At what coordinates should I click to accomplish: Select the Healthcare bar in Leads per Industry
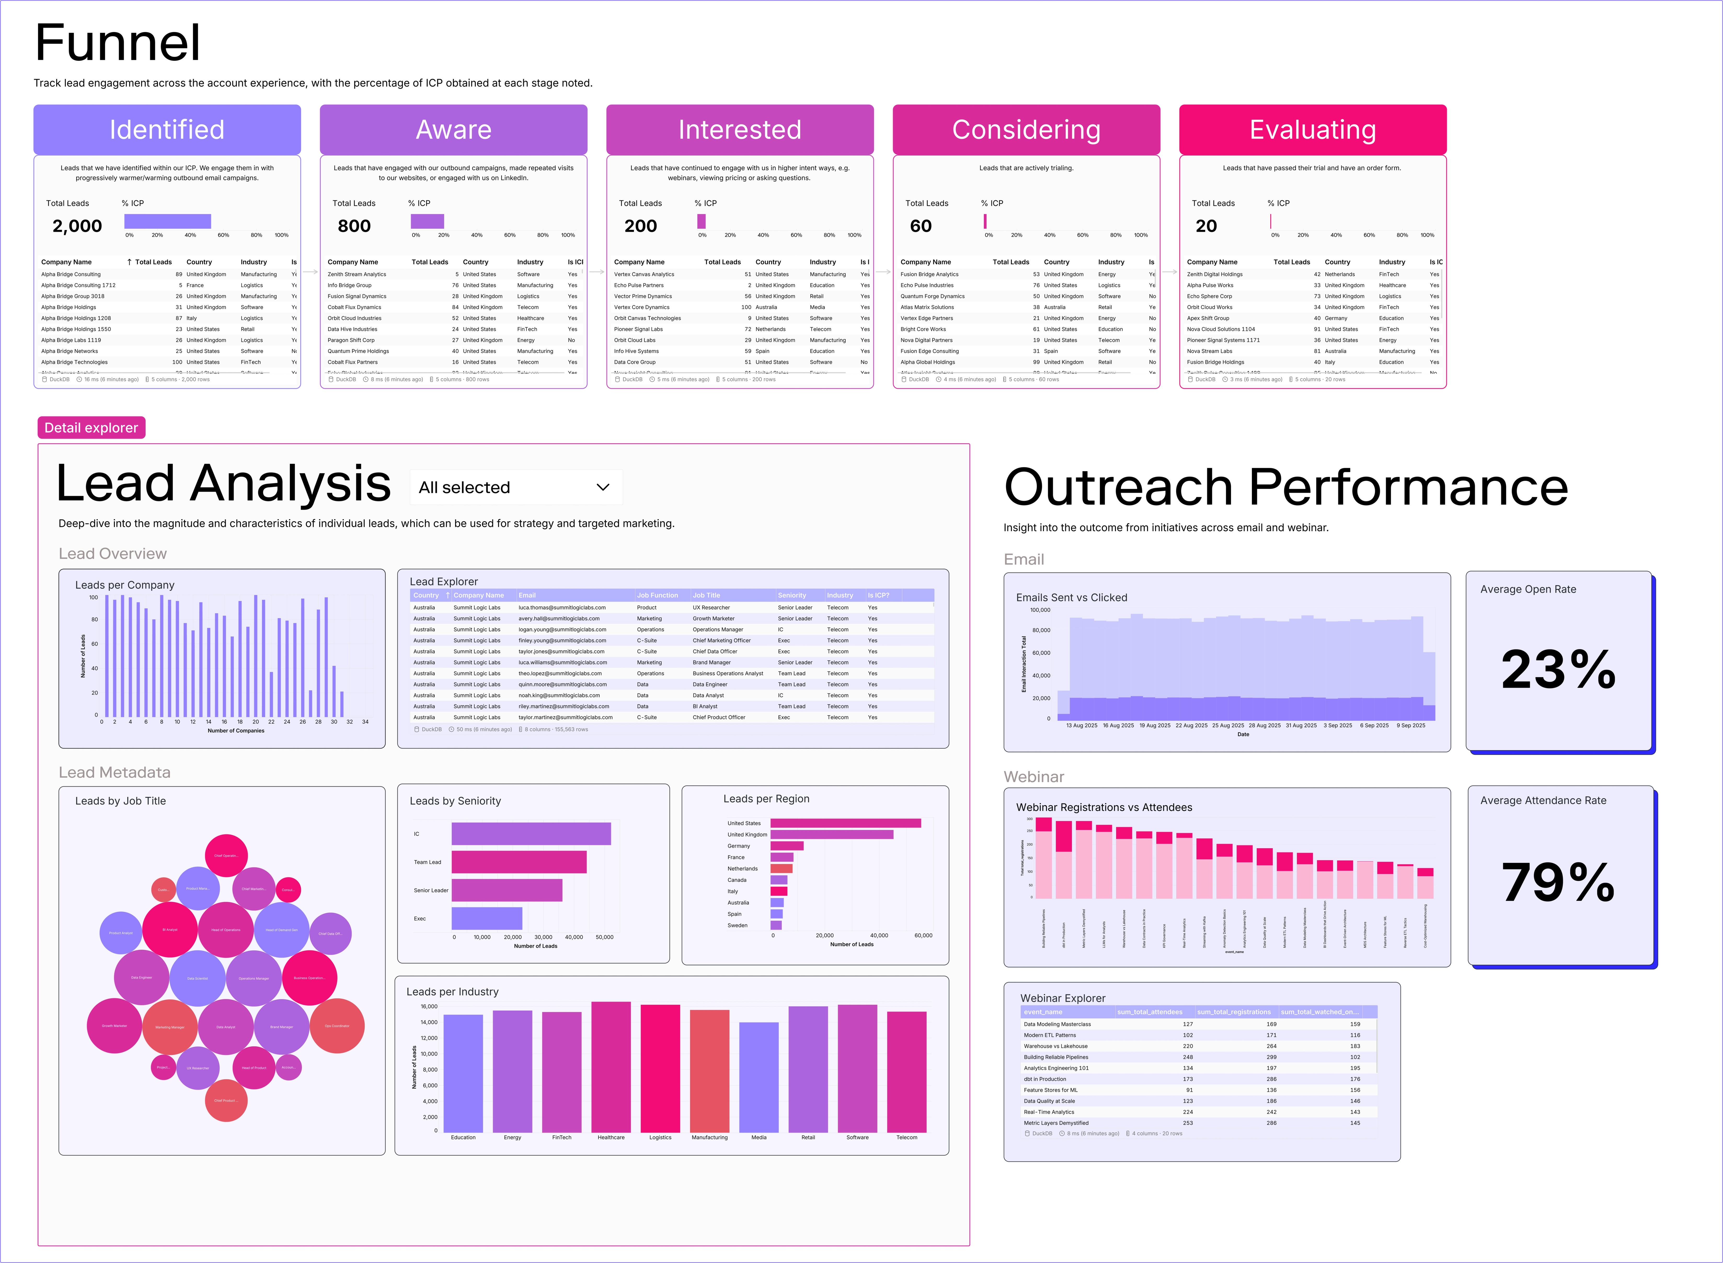(x=611, y=1066)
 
